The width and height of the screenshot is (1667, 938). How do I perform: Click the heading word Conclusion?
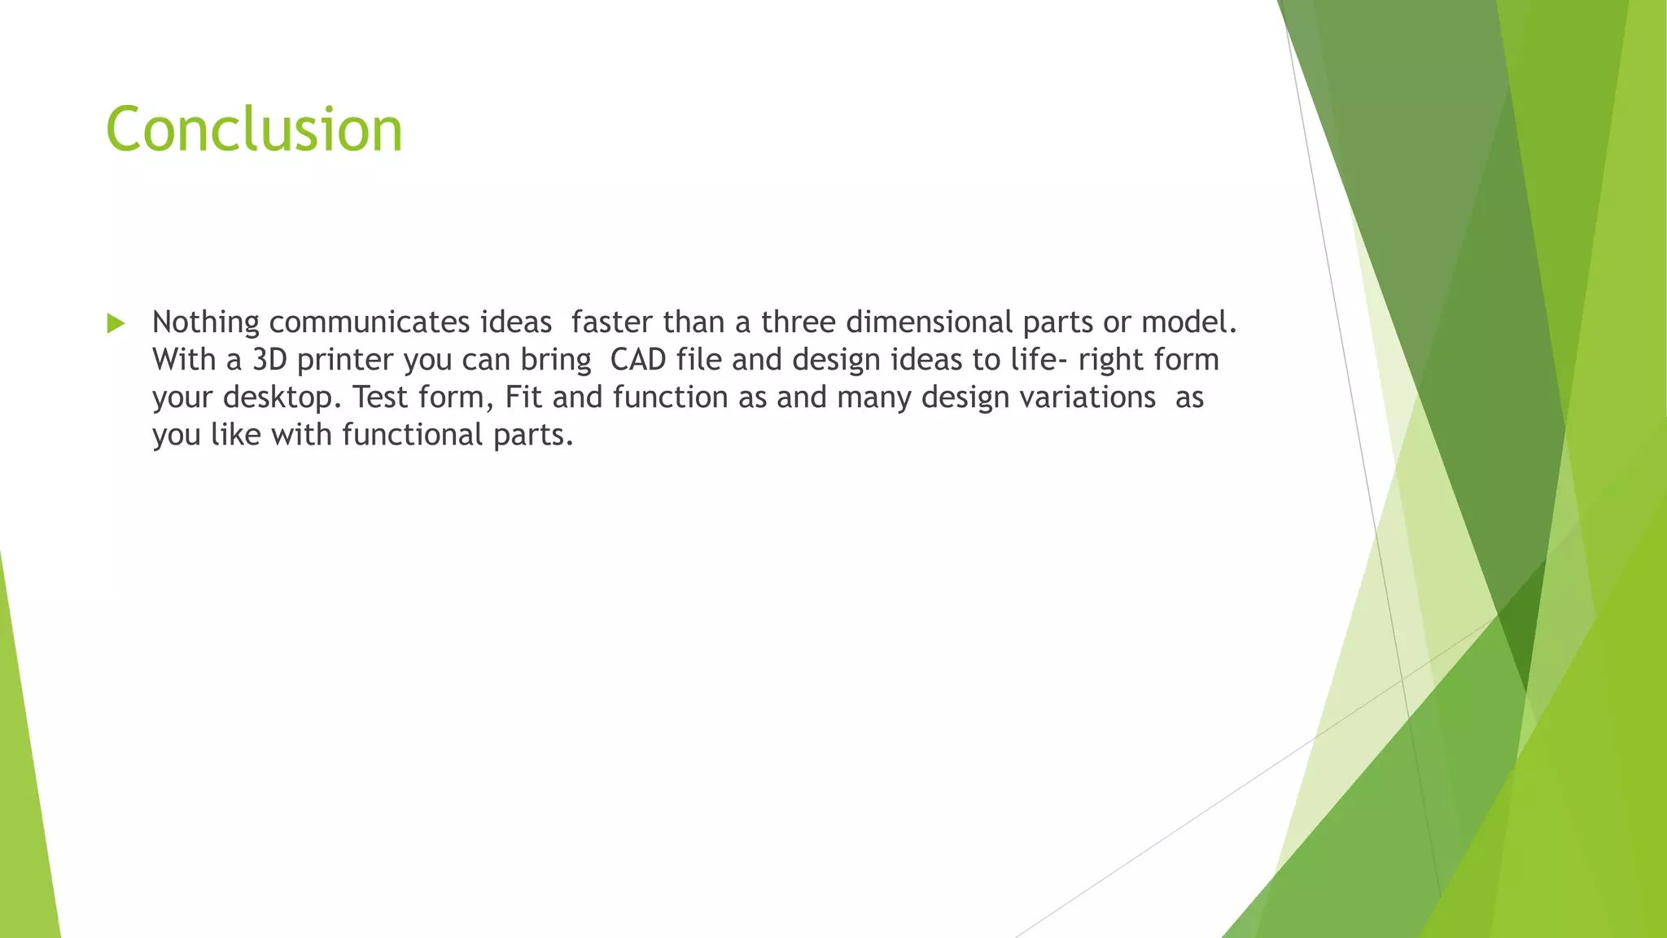[254, 129]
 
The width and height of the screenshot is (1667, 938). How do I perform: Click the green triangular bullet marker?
[116, 323]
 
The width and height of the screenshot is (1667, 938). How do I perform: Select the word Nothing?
[205, 323]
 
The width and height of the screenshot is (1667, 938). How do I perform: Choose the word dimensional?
[929, 323]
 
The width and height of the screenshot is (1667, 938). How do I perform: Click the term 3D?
[269, 361]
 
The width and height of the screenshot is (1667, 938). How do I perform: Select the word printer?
[345, 361]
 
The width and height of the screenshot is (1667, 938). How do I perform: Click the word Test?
[380, 398]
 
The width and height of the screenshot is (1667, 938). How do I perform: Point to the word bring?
[556, 361]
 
